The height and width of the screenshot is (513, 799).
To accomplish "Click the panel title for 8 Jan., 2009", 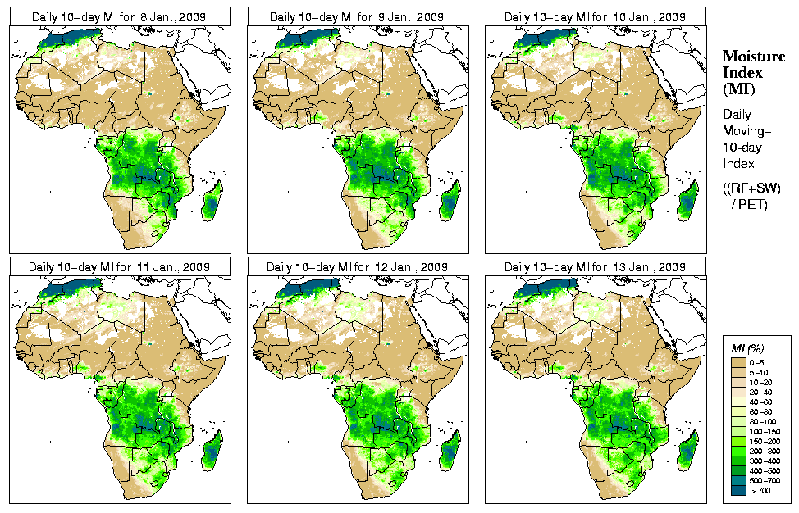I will click(x=119, y=16).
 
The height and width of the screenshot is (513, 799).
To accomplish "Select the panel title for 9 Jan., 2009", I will click(x=357, y=16).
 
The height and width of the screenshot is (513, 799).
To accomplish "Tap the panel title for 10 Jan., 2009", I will click(x=595, y=16).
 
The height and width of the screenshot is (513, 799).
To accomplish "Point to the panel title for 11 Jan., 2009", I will click(x=119, y=267).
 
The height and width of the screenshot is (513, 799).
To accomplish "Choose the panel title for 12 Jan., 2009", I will click(x=357, y=267).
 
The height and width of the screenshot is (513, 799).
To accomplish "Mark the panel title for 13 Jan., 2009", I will click(x=595, y=267).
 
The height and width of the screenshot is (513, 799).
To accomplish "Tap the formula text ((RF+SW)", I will click(x=751, y=188).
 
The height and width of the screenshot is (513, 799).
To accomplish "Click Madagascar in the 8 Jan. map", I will click(x=211, y=201).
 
